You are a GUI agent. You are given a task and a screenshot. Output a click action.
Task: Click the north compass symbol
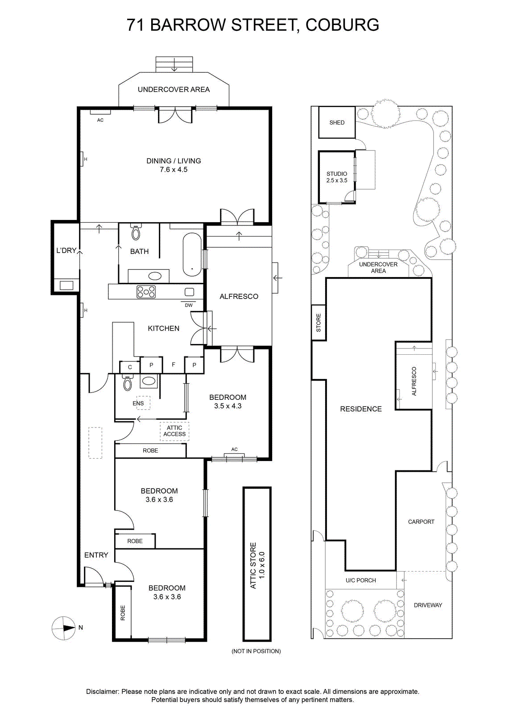64,628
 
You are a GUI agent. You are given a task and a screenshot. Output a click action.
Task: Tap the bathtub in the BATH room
192,255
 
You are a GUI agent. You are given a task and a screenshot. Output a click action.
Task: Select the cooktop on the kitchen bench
146,291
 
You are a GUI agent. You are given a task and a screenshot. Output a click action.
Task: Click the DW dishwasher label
189,305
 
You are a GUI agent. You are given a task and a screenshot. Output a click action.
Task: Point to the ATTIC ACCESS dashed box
174,431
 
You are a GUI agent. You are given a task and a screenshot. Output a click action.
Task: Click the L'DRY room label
66,250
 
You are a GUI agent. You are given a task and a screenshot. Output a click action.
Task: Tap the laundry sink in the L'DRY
66,285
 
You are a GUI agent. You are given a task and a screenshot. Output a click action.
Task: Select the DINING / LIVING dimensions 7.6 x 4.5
174,170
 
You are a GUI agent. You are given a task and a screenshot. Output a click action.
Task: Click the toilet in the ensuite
128,382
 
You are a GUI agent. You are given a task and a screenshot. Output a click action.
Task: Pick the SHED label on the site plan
337,122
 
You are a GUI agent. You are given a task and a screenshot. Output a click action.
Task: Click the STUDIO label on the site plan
337,174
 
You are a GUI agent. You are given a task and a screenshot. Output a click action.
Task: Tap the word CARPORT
421,522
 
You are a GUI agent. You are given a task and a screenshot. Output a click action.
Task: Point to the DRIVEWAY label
428,605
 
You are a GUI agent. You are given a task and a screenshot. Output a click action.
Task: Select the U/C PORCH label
360,581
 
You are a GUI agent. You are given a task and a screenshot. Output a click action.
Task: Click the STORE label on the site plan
318,323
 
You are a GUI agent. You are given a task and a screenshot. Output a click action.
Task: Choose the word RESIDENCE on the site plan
360,409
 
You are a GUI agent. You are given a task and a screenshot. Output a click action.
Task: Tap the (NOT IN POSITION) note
256,651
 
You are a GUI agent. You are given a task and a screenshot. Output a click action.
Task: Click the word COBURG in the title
342,25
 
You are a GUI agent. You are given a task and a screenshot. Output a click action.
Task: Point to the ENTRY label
96,555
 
